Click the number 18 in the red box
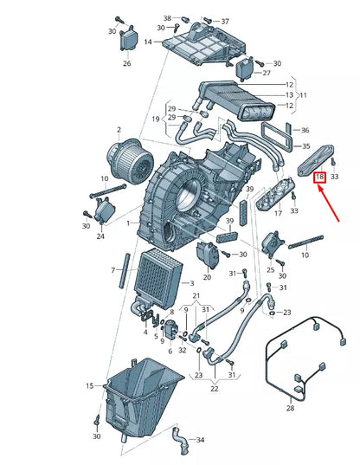[x=319, y=177]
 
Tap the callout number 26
[x=126, y=63]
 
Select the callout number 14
[x=148, y=42]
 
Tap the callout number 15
[x=89, y=385]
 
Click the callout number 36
[x=303, y=131]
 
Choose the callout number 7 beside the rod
[x=112, y=271]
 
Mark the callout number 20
[x=207, y=278]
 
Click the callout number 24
[x=100, y=236]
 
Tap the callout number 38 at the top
[x=167, y=17]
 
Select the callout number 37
[x=225, y=21]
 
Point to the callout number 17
[x=278, y=211]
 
